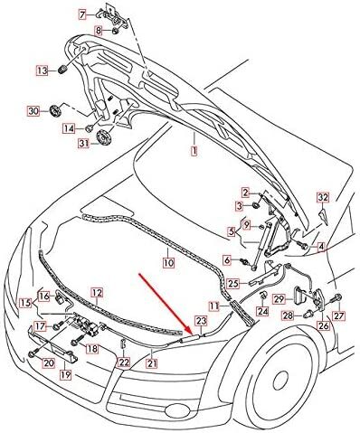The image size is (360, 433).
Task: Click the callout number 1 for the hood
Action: tap(194, 150)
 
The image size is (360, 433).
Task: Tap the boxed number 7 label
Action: tap(82, 14)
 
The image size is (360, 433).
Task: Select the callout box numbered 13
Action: tap(43, 71)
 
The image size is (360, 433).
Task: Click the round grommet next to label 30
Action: tap(55, 110)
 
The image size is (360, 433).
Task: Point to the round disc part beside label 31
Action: tap(104, 137)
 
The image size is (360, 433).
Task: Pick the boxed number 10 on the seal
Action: tap(169, 262)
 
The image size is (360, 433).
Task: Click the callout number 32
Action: tap(323, 198)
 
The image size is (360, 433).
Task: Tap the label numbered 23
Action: tap(201, 321)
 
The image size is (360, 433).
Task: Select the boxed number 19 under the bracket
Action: tap(65, 375)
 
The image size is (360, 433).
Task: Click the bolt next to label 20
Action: tap(33, 353)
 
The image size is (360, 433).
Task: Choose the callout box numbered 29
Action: tap(279, 299)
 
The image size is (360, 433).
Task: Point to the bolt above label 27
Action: tap(337, 297)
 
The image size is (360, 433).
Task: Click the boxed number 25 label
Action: tap(233, 284)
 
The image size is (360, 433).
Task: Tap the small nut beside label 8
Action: tap(116, 31)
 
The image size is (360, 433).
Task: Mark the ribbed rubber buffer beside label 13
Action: tap(62, 70)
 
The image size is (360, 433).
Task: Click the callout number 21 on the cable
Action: tap(152, 363)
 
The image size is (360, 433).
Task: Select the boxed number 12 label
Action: tap(97, 293)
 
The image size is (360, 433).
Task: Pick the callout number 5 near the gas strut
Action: tap(232, 231)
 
